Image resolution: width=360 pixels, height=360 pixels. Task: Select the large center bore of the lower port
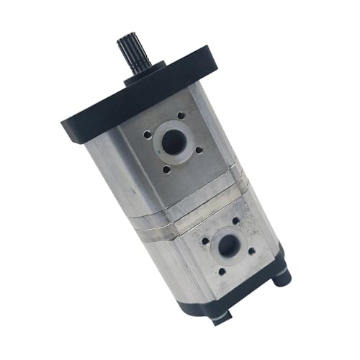[x=229, y=247]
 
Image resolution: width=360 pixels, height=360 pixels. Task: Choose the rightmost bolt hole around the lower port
[x=253, y=252]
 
